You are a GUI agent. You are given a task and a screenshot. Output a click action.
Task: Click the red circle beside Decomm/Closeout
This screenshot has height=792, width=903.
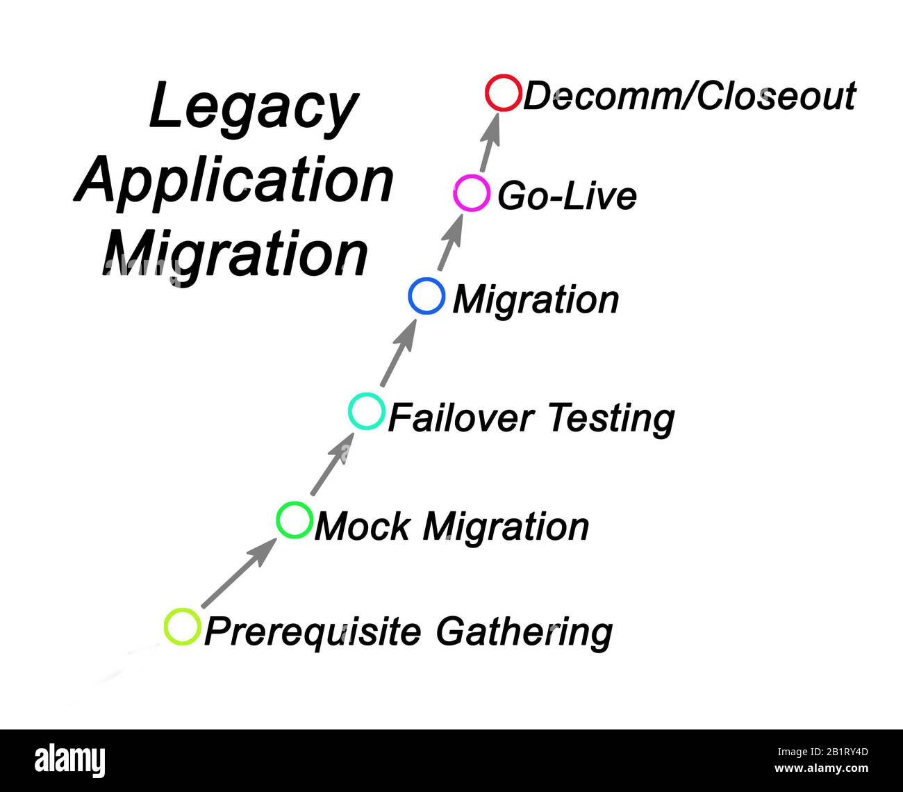click(503, 93)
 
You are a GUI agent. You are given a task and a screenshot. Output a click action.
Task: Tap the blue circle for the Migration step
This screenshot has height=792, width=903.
click(426, 296)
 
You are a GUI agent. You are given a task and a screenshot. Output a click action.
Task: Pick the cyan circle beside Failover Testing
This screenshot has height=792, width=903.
click(366, 411)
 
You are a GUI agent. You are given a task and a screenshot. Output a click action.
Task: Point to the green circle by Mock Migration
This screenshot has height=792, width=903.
click(294, 519)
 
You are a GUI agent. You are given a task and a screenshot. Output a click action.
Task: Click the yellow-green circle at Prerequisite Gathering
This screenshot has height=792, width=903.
click(182, 626)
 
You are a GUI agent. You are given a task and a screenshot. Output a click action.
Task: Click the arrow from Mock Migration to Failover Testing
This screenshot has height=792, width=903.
click(330, 465)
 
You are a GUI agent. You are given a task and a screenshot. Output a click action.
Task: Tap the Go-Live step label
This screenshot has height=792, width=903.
click(567, 196)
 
